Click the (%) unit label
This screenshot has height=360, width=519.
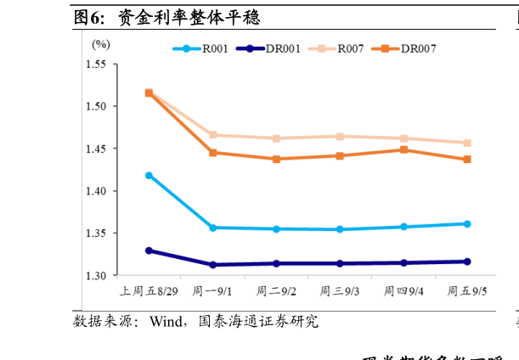101,43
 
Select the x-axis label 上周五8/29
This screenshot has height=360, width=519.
149,291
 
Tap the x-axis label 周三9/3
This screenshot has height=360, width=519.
340,291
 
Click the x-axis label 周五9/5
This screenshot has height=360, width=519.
467,291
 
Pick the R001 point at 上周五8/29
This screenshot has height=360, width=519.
149,176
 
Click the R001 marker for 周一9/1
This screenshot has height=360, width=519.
212,228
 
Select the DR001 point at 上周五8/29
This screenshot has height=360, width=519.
149,250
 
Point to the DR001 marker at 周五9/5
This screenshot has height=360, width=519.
467,262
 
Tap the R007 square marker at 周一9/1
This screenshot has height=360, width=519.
212,135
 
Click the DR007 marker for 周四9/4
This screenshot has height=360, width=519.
403,150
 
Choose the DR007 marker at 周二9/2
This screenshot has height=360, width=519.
276,159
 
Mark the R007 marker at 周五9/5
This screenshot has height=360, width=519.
467,143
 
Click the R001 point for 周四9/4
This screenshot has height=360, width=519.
403,227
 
